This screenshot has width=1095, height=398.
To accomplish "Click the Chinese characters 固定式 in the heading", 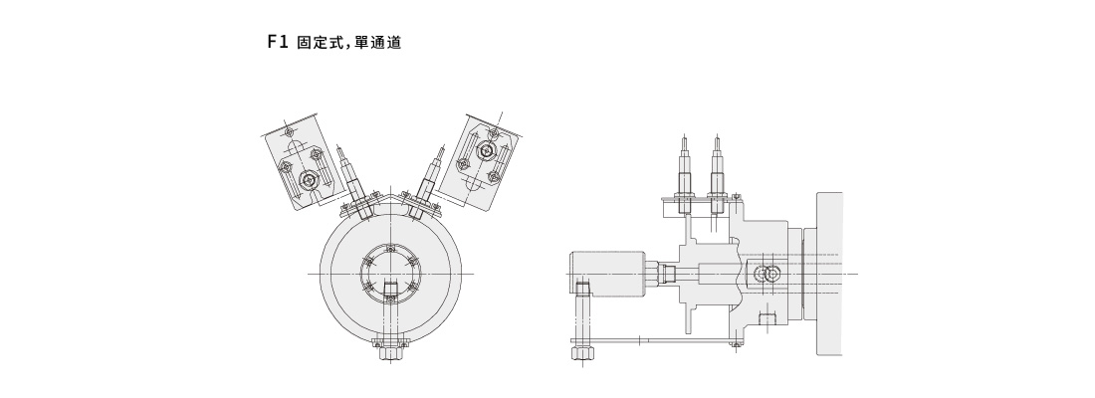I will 322,44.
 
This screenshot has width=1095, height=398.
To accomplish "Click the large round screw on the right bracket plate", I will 486,151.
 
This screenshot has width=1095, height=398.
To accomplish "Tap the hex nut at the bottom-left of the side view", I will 582,353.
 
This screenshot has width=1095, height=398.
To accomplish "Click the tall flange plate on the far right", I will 829,273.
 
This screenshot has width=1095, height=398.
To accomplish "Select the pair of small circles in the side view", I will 768,274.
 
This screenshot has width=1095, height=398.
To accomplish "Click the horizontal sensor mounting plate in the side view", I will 697,205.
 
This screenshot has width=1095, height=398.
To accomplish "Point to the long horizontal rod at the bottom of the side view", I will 657,341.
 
